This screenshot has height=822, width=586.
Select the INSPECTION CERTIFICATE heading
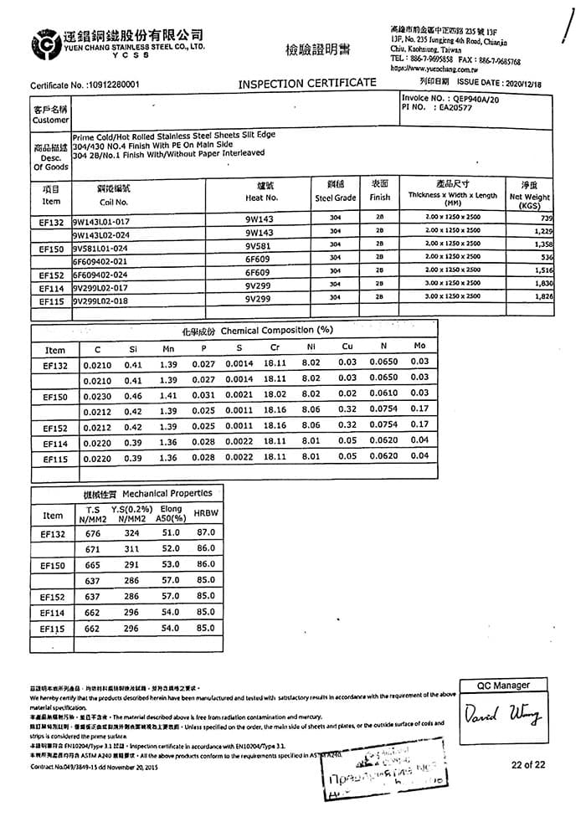click(x=307, y=82)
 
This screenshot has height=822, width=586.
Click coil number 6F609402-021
click(x=102, y=259)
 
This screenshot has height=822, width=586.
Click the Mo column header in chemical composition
click(x=420, y=346)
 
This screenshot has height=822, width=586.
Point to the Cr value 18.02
click(x=275, y=393)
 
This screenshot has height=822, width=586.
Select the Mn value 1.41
click(x=168, y=394)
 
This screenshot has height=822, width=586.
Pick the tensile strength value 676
click(x=93, y=532)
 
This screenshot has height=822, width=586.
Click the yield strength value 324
click(x=131, y=532)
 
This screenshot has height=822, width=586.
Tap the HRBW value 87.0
click(x=205, y=532)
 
